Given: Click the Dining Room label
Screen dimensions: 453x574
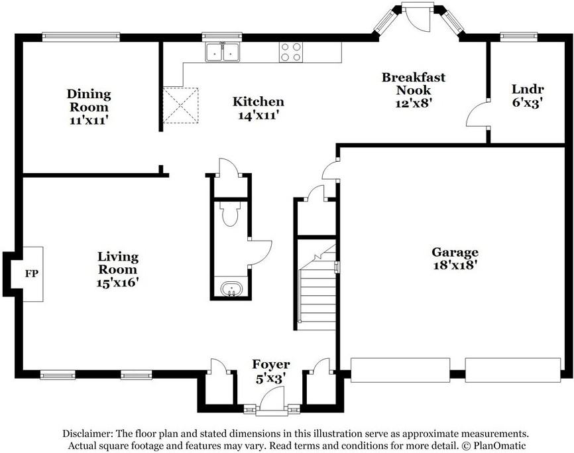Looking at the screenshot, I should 88,100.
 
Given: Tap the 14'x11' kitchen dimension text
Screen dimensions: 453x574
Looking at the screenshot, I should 258,115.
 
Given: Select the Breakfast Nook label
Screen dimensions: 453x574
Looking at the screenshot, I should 413,84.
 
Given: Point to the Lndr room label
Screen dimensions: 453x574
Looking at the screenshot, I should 528,89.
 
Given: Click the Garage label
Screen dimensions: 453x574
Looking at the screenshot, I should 455,252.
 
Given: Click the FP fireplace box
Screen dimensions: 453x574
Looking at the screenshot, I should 31,273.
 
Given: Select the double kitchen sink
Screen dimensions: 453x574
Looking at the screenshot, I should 223,52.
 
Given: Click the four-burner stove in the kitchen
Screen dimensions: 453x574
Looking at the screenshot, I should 290,52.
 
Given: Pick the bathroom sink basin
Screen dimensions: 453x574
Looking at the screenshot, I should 231,290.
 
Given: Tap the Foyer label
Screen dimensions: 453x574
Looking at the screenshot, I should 270,365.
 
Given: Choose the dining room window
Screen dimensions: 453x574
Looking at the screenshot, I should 81,37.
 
